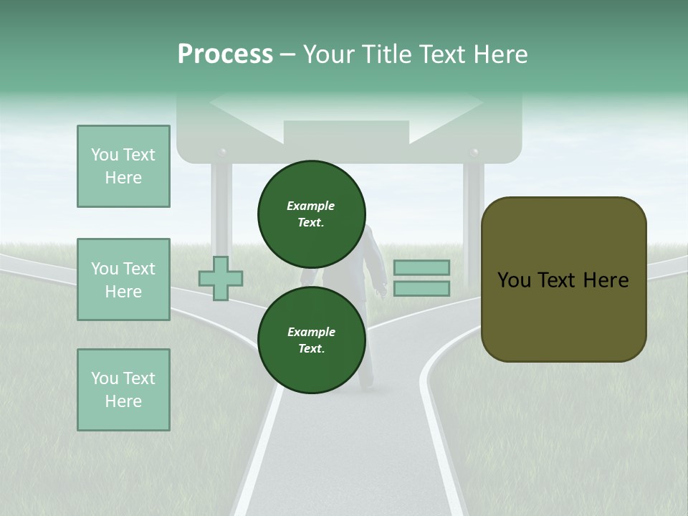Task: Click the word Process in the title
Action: [x=225, y=54]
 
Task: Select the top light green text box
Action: [x=123, y=166]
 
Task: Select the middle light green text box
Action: [x=123, y=279]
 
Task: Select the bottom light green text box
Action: [x=123, y=390]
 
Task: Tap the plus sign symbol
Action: [x=220, y=279]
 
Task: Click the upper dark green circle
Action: [x=311, y=214]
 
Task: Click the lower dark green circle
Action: [x=311, y=340]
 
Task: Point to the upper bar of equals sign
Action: [x=421, y=268]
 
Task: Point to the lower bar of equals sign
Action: [x=421, y=289]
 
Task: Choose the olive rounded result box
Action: [x=563, y=279]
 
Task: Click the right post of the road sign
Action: [x=473, y=208]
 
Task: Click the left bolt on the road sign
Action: [x=221, y=153]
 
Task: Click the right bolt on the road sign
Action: [x=473, y=153]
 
